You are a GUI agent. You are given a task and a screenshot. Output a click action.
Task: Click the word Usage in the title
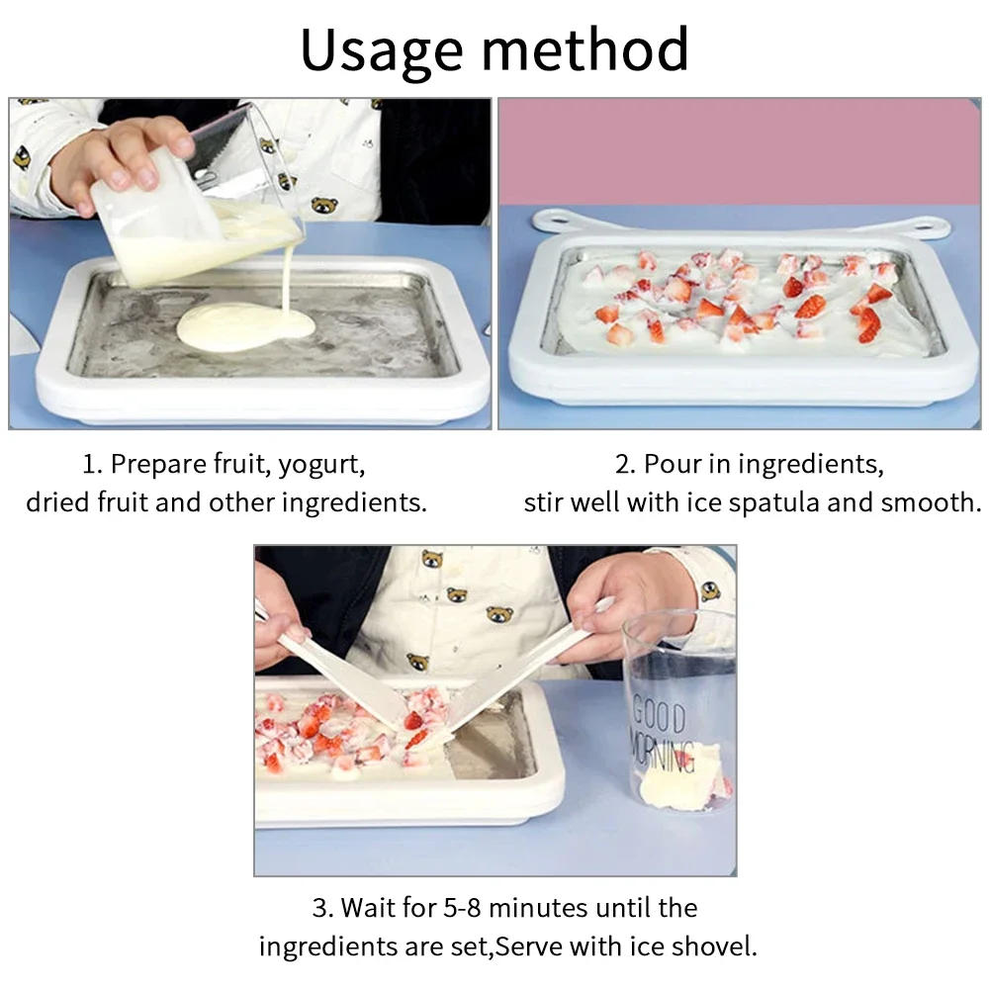pyautogui.click(x=381, y=49)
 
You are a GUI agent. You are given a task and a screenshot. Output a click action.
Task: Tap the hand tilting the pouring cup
pyautogui.click(x=119, y=158)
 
